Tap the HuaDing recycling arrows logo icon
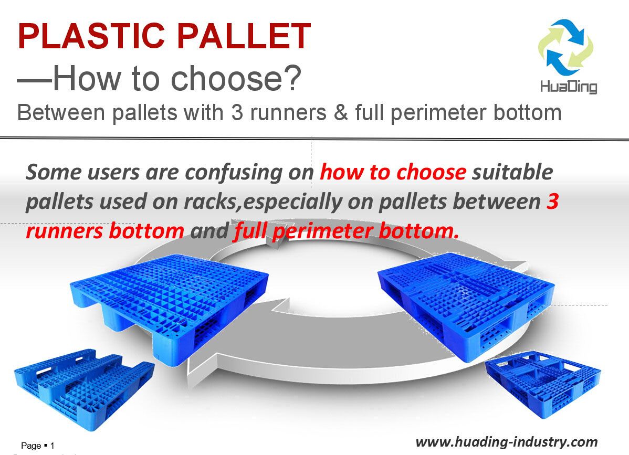(565, 47)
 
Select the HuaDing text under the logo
(569, 86)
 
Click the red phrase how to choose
(393, 172)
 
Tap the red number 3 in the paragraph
(552, 202)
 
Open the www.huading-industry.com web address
(506, 441)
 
